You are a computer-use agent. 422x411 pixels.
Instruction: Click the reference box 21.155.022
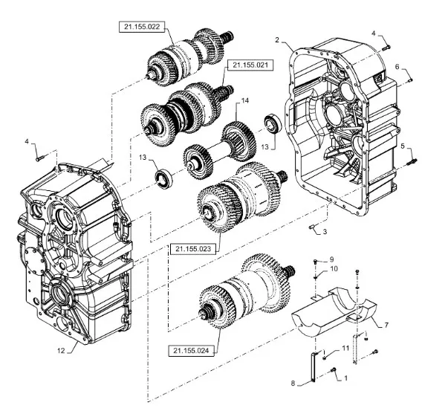click(x=142, y=27)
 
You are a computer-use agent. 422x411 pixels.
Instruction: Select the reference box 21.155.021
click(x=250, y=65)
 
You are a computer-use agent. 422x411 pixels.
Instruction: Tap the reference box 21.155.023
click(x=193, y=249)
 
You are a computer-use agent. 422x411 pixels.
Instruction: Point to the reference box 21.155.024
click(x=191, y=351)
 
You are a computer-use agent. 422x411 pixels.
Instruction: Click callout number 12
click(x=61, y=351)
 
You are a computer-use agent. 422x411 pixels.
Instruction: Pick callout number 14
click(x=245, y=100)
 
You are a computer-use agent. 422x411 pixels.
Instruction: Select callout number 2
click(x=277, y=40)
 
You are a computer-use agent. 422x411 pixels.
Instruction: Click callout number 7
click(x=386, y=325)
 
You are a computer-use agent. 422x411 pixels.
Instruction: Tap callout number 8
click(x=293, y=383)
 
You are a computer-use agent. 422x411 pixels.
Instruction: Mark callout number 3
click(x=325, y=231)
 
